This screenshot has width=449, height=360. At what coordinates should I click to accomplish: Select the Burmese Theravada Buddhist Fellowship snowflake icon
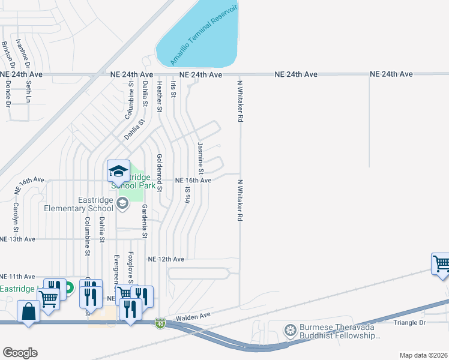coord(291,330)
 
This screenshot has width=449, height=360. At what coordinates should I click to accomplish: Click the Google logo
coord(20,353)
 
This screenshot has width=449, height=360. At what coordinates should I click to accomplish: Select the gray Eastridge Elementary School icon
coord(122,203)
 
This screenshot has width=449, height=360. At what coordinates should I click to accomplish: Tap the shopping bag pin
coord(28,312)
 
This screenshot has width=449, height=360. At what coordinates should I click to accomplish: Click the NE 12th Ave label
coord(166,259)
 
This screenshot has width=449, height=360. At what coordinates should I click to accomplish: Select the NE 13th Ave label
coord(18,239)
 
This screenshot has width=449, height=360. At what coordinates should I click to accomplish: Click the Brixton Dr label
coord(6,53)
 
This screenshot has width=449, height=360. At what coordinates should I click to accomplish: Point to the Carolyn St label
coord(16,217)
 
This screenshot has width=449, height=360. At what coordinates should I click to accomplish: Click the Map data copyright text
coord(423,355)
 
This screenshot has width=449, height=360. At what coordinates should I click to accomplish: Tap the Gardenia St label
coord(144,220)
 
